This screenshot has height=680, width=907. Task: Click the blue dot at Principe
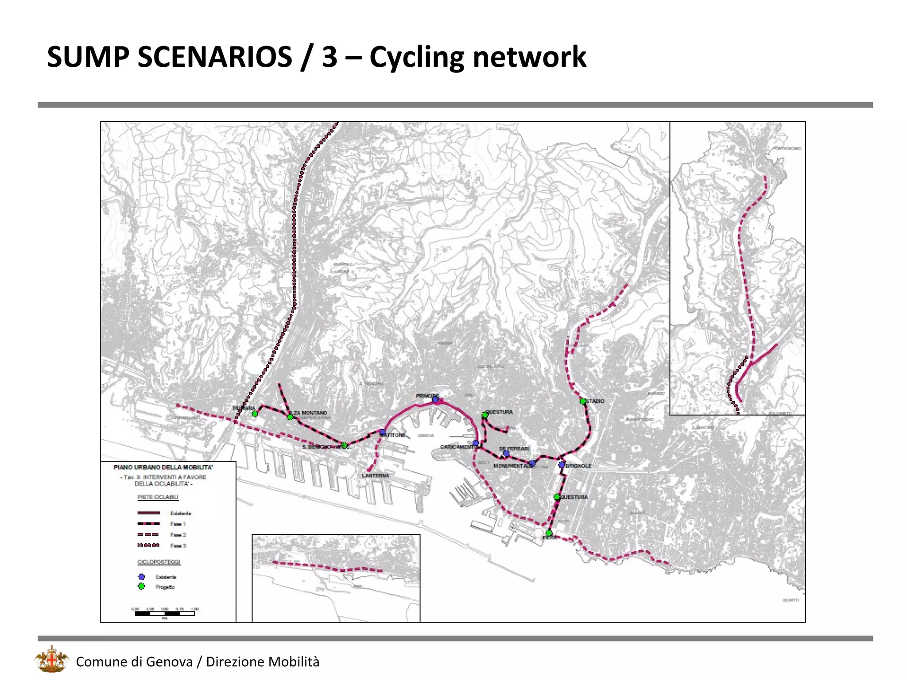(435, 399)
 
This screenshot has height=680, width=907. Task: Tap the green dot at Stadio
(583, 401)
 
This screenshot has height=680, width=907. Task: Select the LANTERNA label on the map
(376, 475)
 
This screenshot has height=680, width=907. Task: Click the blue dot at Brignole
(562, 465)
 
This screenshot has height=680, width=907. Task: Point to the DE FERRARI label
(514, 448)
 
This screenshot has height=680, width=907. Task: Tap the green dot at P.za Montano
(290, 417)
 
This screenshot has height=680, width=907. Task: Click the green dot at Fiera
(549, 533)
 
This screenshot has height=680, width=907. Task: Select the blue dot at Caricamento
(476, 443)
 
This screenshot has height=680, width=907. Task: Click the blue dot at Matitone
(383, 432)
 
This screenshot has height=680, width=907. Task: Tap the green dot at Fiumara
(255, 414)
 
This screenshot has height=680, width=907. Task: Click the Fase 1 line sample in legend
(149, 524)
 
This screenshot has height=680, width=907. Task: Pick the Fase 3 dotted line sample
(149, 545)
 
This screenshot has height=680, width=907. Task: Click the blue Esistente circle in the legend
(142, 577)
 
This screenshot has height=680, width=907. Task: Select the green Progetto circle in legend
(142, 587)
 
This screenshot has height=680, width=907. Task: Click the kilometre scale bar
(165, 614)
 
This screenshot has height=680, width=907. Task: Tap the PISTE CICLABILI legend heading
(158, 497)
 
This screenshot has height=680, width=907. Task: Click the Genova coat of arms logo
(52, 660)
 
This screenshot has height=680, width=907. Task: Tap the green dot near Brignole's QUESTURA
(557, 497)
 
